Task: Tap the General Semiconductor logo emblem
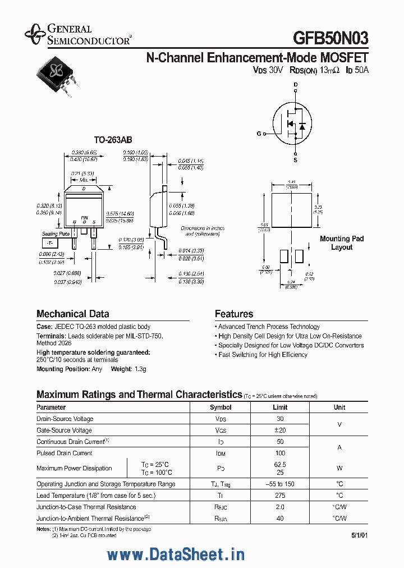tap(35, 34)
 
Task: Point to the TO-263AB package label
tap(113, 140)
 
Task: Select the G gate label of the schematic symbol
tap(259, 134)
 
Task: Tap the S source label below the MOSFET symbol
tap(296, 159)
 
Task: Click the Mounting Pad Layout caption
tap(342, 243)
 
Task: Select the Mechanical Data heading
tap(73, 314)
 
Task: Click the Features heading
tap(234, 314)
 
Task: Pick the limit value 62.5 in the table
tap(280, 465)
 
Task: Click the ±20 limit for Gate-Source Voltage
tap(280, 430)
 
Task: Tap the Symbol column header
tap(221, 407)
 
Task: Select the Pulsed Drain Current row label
tap(65, 453)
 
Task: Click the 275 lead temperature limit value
tap(280, 496)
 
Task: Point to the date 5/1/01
tap(360, 535)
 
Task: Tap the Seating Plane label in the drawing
tap(56, 233)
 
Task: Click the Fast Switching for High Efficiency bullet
tap(263, 355)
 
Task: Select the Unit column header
tap(339, 407)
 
